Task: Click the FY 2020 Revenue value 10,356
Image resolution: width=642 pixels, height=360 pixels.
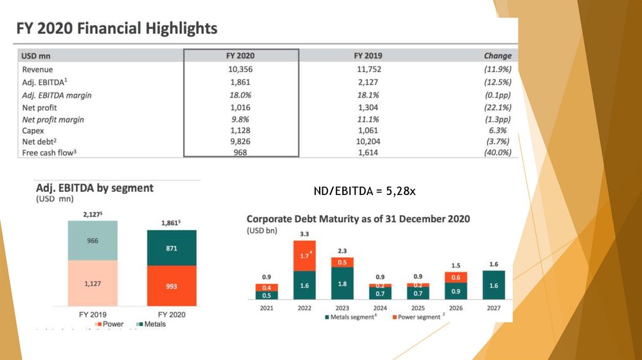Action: [x=241, y=70]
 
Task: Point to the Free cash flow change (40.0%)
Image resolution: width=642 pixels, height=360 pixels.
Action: [x=498, y=152]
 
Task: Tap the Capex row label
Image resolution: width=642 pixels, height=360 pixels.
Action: [x=34, y=130]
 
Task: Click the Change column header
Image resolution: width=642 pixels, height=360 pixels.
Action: [x=498, y=56]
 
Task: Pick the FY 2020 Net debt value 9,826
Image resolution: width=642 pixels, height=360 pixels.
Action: [x=241, y=141]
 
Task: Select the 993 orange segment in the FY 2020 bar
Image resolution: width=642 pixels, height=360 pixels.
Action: [x=172, y=286]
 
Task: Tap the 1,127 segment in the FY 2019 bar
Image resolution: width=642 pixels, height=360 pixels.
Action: [x=93, y=283]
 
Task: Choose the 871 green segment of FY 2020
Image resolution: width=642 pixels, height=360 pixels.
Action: [x=172, y=248]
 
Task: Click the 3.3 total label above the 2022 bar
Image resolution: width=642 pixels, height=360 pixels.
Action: [x=305, y=234]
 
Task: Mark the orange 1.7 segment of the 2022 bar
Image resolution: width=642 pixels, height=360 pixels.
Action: [x=305, y=256]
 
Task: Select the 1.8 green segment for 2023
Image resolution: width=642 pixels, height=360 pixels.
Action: [x=342, y=284]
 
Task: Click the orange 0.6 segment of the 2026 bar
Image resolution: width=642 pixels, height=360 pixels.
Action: [x=456, y=277]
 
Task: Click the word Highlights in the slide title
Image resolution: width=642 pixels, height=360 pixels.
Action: [x=182, y=28]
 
